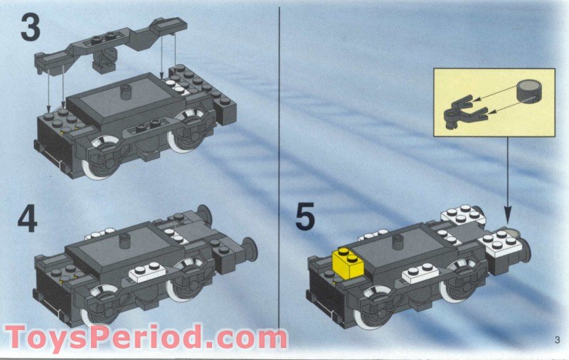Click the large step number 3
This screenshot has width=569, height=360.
pyautogui.click(x=31, y=28)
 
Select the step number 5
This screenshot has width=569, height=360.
pyautogui.click(x=305, y=216)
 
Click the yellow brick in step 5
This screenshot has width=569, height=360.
pyautogui.click(x=346, y=263)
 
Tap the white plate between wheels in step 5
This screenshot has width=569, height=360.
pyautogui.click(x=419, y=273)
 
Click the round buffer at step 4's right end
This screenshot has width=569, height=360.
pyautogui.click(x=250, y=248)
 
